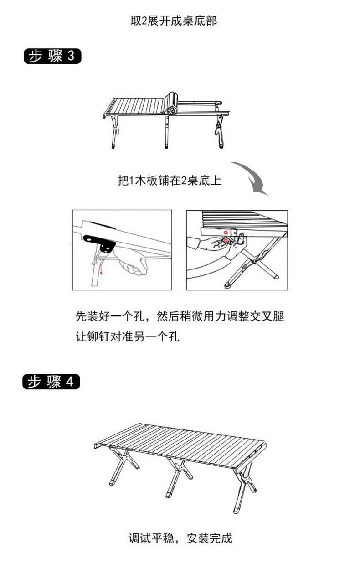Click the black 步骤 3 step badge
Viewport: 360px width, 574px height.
pyautogui.click(x=52, y=56)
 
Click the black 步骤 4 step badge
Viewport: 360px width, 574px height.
pyautogui.click(x=51, y=382)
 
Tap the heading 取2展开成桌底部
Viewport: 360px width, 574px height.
pyautogui.click(x=174, y=21)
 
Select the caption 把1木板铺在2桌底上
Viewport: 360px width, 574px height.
pyautogui.click(x=170, y=181)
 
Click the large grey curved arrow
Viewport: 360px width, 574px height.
pyautogui.click(x=252, y=177)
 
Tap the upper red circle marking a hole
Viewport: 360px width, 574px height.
pyautogui.click(x=226, y=233)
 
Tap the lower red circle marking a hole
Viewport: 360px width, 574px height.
pyautogui.click(x=226, y=240)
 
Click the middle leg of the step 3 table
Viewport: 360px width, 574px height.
pyautogui.click(x=167, y=132)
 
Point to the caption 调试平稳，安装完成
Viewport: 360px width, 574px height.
pyautogui.click(x=180, y=538)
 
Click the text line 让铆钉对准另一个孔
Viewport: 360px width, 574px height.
pyautogui.click(x=128, y=336)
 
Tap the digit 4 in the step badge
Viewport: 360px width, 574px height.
pyautogui.click(x=69, y=382)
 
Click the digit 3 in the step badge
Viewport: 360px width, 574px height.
pyautogui.click(x=71, y=56)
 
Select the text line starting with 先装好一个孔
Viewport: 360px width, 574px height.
pyautogui.click(x=180, y=316)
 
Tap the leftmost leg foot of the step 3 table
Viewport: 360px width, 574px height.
pyautogui.click(x=113, y=146)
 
